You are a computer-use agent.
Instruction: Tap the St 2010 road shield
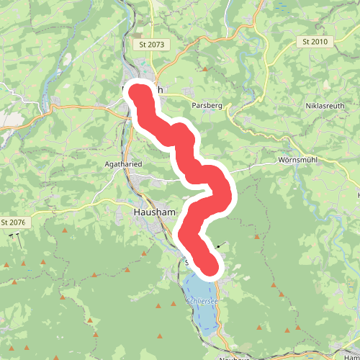315,42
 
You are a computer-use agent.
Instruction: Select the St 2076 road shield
13,222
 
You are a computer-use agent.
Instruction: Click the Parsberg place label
207,105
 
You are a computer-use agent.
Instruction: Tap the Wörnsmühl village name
297,160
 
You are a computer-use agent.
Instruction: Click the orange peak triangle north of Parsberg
205,70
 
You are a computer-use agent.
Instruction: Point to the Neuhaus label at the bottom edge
230,356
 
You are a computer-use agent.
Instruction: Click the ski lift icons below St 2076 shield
14,235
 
